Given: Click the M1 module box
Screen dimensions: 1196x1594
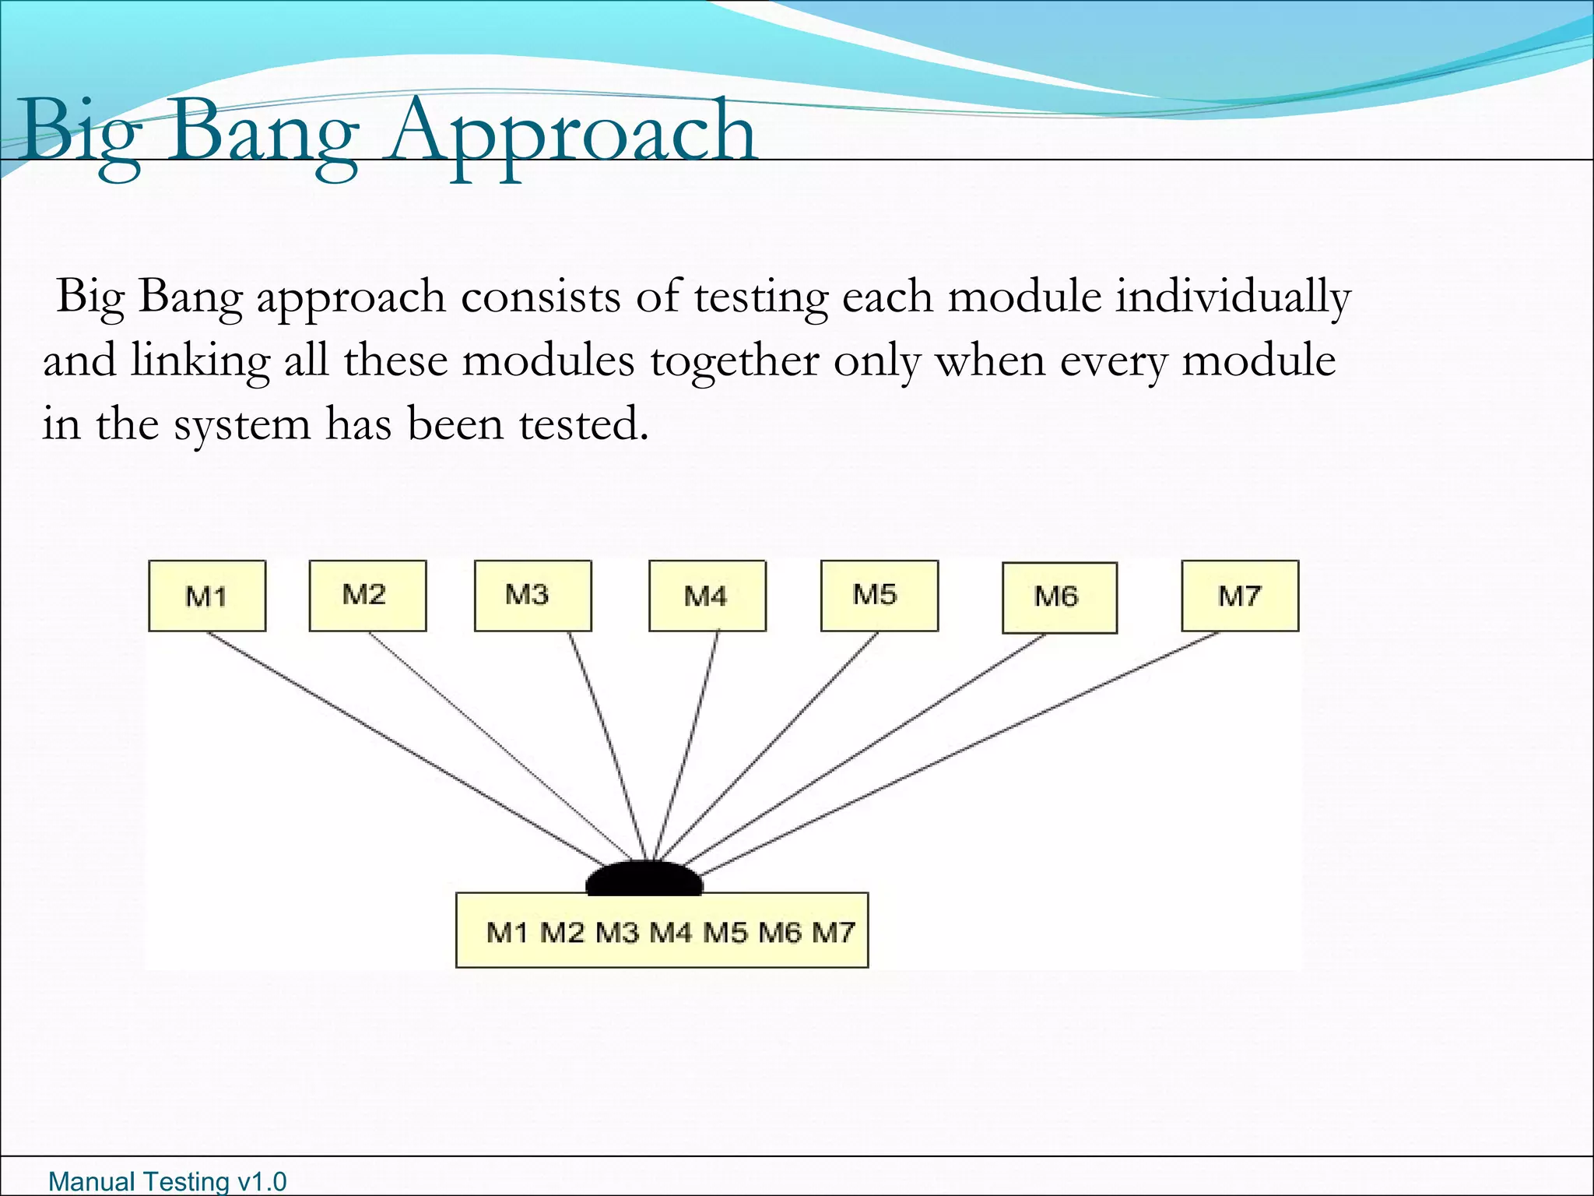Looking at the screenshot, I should (207, 596).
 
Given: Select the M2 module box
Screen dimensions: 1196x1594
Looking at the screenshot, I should (367, 596).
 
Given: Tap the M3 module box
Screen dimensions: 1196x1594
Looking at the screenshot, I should (532, 596).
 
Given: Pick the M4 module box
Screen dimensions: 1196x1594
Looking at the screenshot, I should (707, 596).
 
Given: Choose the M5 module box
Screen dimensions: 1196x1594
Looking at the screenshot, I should (879, 596).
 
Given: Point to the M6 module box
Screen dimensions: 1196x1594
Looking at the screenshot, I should (1059, 597).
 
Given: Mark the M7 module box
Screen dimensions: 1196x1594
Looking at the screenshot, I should (1240, 596).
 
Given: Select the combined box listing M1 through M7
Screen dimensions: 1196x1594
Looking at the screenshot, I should (662, 930).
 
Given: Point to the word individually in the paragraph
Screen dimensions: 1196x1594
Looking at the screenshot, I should (1233, 298).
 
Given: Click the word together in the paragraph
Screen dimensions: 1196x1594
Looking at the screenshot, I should (734, 362).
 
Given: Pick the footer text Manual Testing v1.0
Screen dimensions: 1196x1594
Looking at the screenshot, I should (167, 1181).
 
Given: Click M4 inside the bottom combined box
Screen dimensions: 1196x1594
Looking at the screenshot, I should (670, 932).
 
